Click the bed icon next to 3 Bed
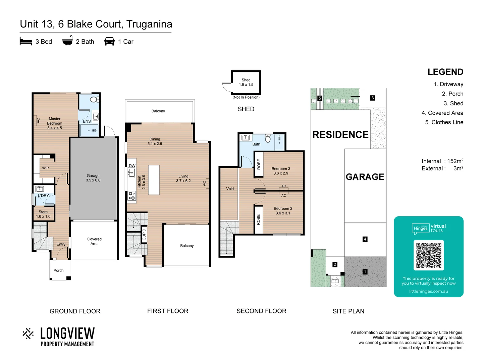click(26, 41)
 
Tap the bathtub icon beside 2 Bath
click(67, 41)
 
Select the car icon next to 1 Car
click(109, 41)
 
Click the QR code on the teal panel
click(429, 255)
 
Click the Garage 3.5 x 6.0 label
click(93, 178)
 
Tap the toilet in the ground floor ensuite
click(94, 100)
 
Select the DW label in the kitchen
click(132, 166)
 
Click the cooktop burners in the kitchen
click(131, 196)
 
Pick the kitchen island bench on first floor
click(154, 180)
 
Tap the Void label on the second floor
click(230, 189)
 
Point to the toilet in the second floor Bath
click(268, 138)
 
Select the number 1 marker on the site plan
click(365, 272)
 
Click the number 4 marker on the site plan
click(365, 239)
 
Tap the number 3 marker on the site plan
click(372, 98)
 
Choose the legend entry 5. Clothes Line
click(444, 122)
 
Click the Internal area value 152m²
click(455, 161)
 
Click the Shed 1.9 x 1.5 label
click(246, 82)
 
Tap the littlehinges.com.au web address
click(428, 291)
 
